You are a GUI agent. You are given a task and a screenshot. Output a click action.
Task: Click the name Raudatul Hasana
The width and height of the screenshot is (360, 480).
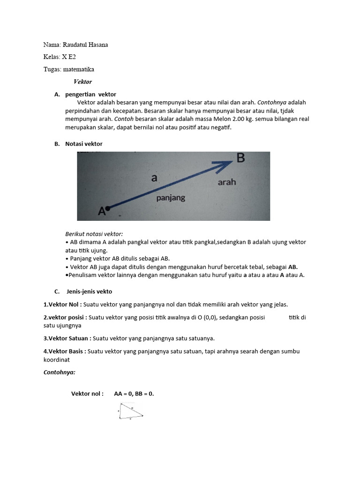[88, 45]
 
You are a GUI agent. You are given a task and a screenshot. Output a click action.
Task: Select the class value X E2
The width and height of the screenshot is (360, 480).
[69, 57]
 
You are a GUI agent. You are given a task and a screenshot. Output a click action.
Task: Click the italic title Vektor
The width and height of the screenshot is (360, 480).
[82, 82]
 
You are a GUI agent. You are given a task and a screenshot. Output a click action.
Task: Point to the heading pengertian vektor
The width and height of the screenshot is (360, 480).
[90, 94]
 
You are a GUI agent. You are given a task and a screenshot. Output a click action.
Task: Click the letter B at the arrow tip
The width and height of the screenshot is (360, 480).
[240, 158]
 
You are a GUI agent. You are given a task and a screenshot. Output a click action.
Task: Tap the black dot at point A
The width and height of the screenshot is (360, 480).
[107, 209]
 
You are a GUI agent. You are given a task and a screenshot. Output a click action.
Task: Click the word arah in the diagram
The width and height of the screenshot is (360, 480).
[227, 182]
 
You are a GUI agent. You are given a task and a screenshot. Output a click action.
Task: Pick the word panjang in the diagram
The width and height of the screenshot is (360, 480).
[170, 198]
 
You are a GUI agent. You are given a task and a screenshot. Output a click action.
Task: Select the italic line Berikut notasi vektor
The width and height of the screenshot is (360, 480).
[94, 234]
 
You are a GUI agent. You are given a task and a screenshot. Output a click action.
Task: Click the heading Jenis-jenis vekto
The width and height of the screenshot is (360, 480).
[89, 291]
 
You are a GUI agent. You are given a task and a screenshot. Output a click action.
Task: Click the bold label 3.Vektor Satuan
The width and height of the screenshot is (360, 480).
[67, 338]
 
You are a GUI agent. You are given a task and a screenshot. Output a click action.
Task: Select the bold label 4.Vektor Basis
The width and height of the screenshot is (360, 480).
[65, 351]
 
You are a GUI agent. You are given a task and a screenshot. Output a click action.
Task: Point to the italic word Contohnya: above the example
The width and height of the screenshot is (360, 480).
[59, 372]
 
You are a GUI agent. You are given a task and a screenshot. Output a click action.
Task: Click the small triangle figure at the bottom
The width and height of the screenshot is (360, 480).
[130, 412]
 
